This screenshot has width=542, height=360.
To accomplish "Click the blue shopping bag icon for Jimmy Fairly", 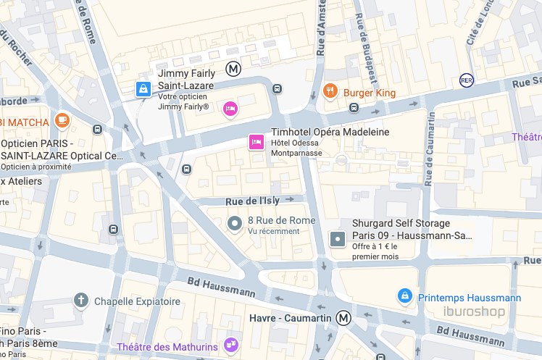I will tap(143, 89).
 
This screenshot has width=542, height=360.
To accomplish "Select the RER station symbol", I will tap(467, 80).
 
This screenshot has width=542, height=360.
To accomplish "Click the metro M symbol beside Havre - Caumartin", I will tap(343, 318).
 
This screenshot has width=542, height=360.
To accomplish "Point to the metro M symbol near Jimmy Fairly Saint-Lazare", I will tap(233, 70).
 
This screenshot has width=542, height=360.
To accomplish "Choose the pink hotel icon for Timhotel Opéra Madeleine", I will tap(256, 141).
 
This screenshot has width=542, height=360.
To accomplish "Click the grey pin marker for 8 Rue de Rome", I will tap(234, 224).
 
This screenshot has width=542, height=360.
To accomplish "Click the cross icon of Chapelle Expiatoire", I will tap(82, 300).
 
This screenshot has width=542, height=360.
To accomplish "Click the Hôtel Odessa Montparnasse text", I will tap(296, 148).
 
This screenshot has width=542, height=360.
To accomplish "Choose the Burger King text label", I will tap(370, 93).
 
